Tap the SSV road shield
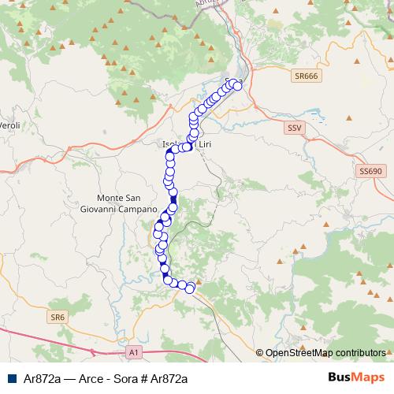tap(295, 127)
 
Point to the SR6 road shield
tap(56, 317)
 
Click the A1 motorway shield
tap(134, 352)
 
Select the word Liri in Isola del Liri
tap(204, 145)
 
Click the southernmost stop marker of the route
tap(189, 288)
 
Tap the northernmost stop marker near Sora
tap(232, 82)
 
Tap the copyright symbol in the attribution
tap(260, 353)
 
